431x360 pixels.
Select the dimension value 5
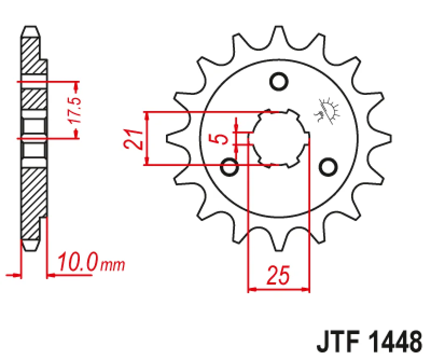(220, 139)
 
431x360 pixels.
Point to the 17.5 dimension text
(76, 110)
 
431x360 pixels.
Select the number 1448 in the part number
(395, 343)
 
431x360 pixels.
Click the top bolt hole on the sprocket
(279, 82)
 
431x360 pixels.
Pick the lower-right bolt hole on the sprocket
(327, 167)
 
